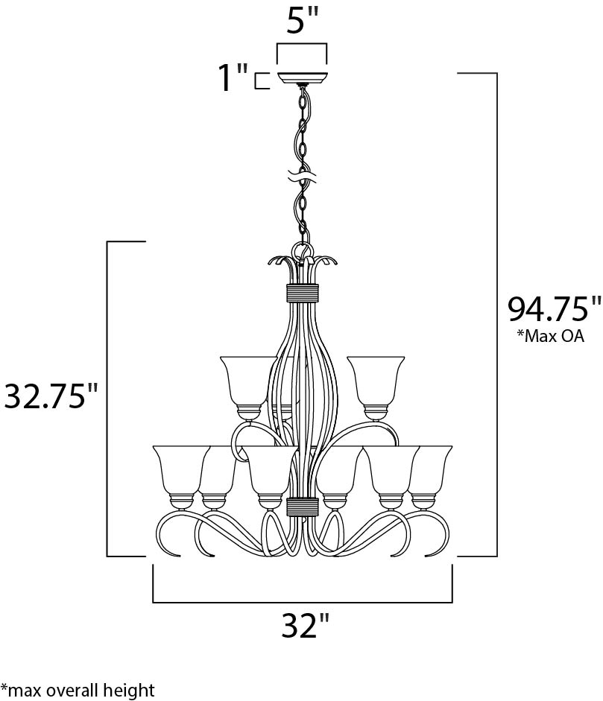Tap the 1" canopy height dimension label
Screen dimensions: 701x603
232,78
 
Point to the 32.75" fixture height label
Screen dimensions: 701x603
51,396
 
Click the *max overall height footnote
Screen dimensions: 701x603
78,690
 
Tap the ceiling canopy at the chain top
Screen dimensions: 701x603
302,77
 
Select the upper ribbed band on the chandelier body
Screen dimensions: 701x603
303,292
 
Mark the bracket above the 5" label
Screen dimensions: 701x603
302,52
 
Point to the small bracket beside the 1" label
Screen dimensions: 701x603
261,80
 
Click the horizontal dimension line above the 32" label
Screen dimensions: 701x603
303,601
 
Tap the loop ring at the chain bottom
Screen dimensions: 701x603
303,250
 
